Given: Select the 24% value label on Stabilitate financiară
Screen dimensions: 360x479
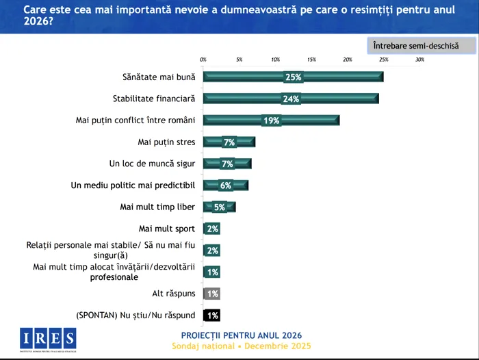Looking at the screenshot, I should (292, 99).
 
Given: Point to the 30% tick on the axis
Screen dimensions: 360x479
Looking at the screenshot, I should (419, 60).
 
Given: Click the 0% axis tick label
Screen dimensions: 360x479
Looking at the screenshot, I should (203, 60).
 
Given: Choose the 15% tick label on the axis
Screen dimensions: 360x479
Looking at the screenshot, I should (311, 60).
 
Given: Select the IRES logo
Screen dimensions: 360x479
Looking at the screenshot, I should (48, 338).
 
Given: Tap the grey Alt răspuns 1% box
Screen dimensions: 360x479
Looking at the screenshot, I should (212, 294).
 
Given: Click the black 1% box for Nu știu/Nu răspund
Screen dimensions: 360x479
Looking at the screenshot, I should (212, 316).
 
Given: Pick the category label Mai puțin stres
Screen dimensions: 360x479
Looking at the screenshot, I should (166, 142).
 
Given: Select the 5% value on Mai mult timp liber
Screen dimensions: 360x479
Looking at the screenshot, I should (220, 207).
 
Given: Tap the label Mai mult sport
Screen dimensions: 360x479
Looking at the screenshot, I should (166, 229).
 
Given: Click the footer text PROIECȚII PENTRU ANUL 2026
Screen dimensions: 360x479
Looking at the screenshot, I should (241, 335).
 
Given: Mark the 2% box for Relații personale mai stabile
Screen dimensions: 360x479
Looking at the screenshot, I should (212, 250).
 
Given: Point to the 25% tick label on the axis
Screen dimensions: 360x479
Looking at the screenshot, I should (383, 60).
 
